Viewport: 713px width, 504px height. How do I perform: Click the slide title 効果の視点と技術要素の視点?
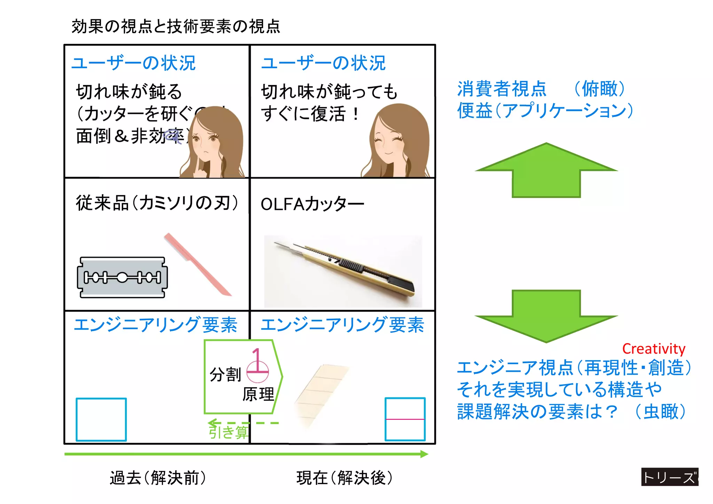tap(176, 26)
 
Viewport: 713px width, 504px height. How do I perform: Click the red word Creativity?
tap(653, 349)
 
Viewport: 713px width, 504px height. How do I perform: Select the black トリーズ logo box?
tap(669, 477)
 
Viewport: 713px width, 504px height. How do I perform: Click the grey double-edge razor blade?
tap(122, 277)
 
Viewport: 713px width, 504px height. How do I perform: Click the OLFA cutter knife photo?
tap(343, 271)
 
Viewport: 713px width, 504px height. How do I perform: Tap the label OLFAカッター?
tap(312, 204)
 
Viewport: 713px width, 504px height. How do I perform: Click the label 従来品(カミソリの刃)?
tap(157, 203)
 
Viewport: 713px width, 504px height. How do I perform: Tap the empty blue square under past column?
tap(101, 419)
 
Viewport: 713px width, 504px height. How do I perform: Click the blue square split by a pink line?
tap(405, 419)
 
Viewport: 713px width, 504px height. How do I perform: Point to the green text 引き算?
tap(228, 432)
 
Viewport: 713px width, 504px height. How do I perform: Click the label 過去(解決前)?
tap(158, 478)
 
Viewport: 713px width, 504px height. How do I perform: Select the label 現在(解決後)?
tap(344, 478)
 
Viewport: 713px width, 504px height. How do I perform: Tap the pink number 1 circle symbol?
tap(257, 365)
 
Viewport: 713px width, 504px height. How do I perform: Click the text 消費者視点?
tap(502, 89)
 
